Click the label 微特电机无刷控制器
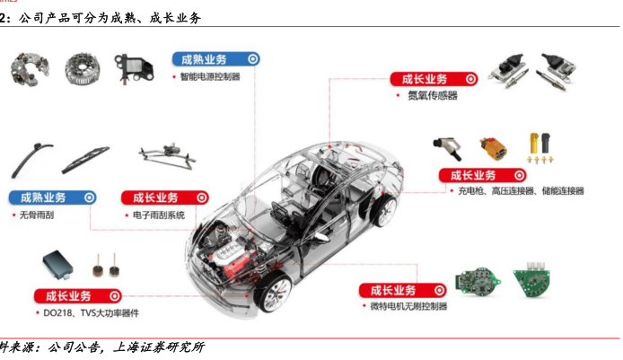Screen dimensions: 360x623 coord(409,307)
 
